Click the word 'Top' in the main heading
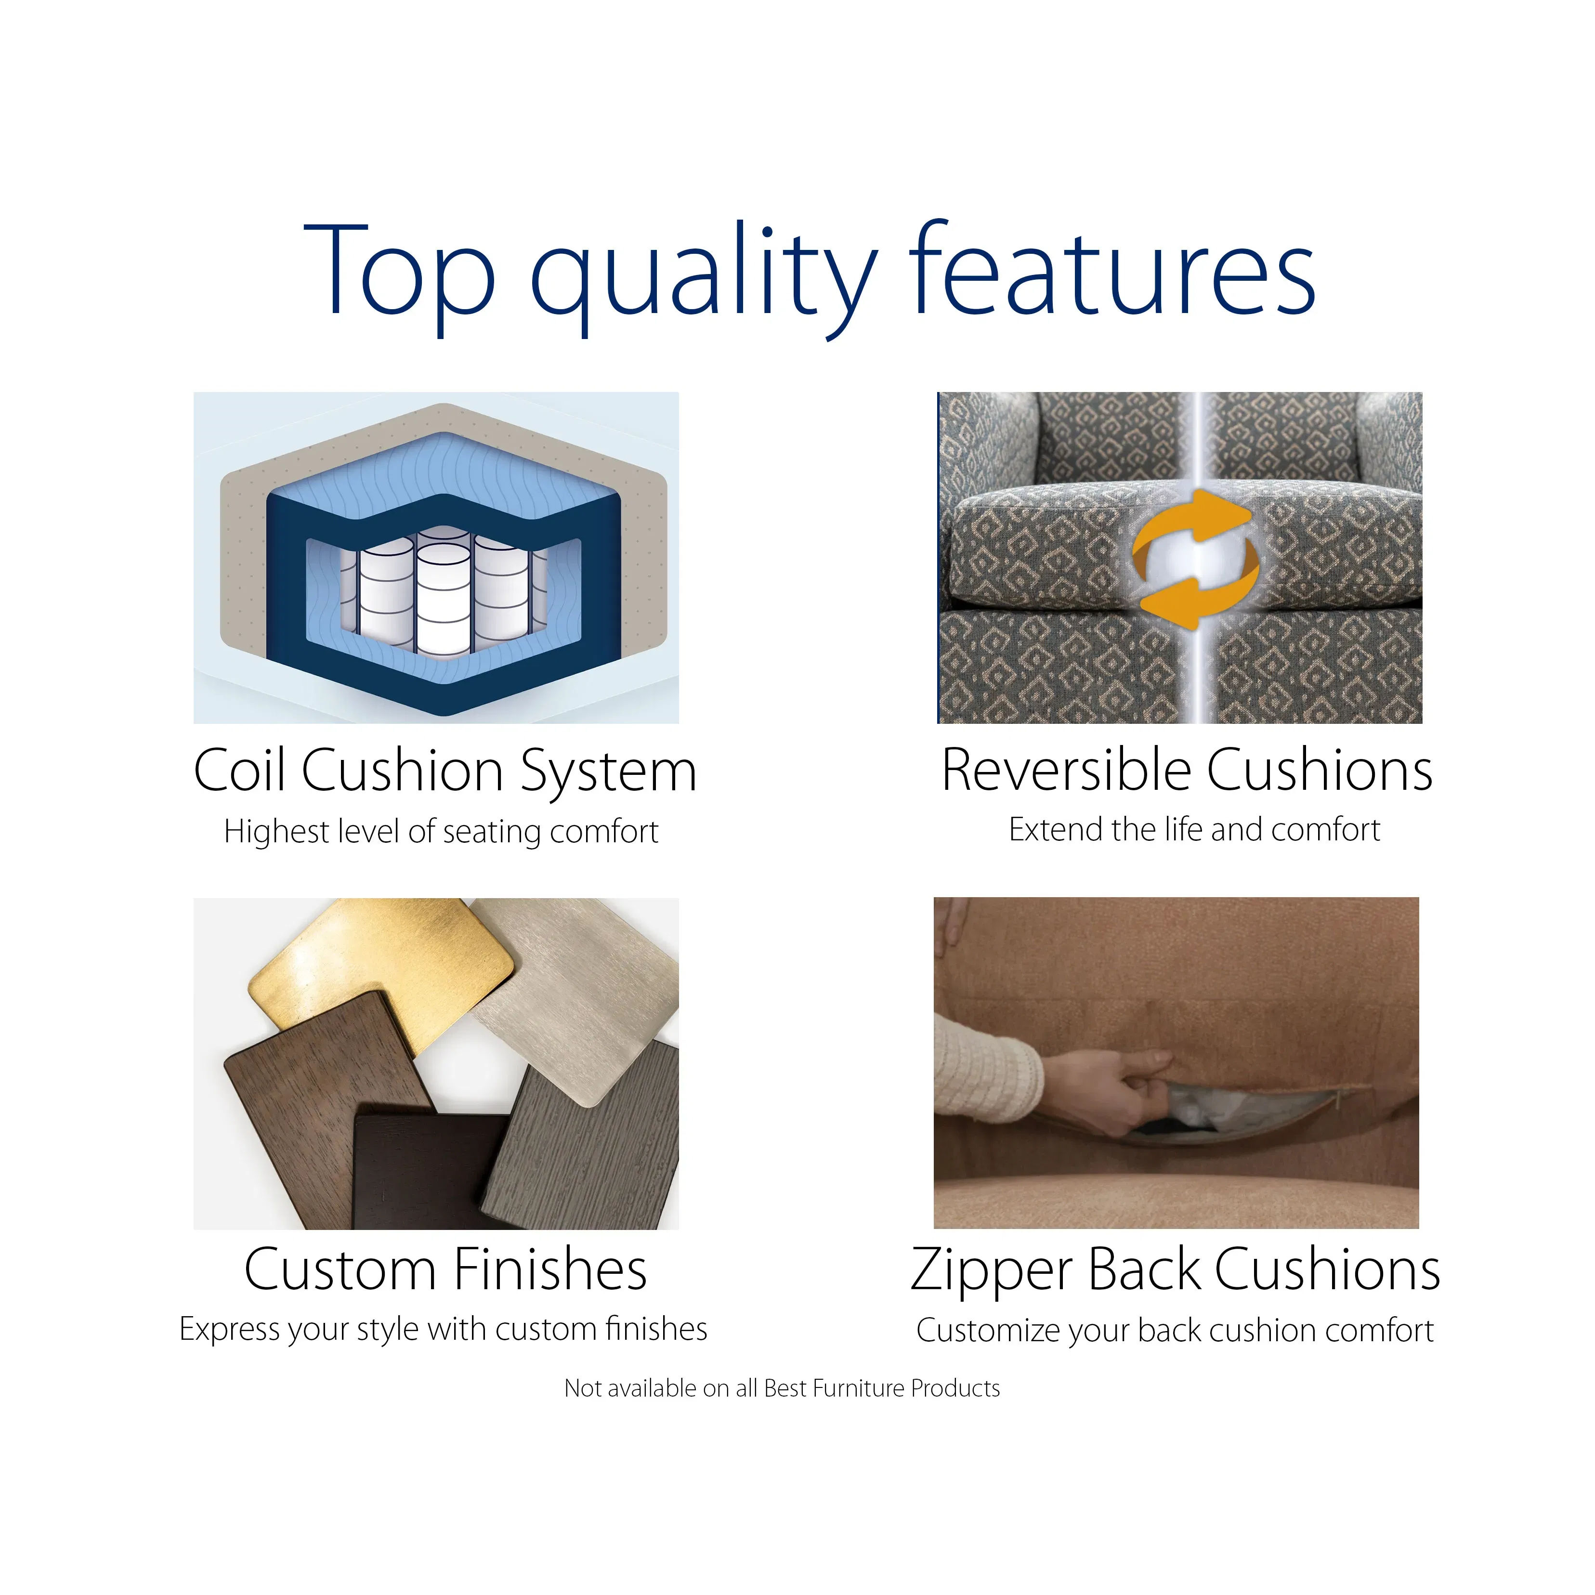tap(400, 271)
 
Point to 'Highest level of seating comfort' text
tap(441, 831)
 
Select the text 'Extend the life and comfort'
tap(1194, 829)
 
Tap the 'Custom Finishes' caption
tap(445, 1269)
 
